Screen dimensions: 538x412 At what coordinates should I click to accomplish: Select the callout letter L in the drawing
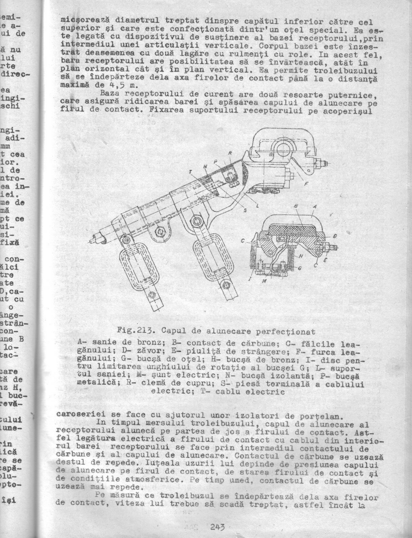click(256, 206)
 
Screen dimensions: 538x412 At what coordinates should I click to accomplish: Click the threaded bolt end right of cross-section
click(333, 247)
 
